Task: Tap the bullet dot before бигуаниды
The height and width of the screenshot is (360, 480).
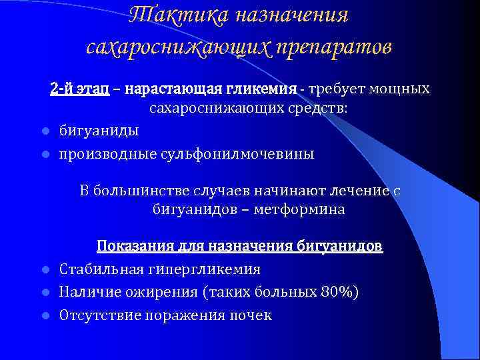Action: [x=45, y=130]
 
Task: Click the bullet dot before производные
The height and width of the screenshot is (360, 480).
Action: [x=45, y=155]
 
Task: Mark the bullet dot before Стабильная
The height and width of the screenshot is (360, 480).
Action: [x=45, y=270]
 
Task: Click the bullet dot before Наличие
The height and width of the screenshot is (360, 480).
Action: [x=45, y=293]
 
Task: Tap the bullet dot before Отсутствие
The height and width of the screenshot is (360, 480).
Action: [x=45, y=315]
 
